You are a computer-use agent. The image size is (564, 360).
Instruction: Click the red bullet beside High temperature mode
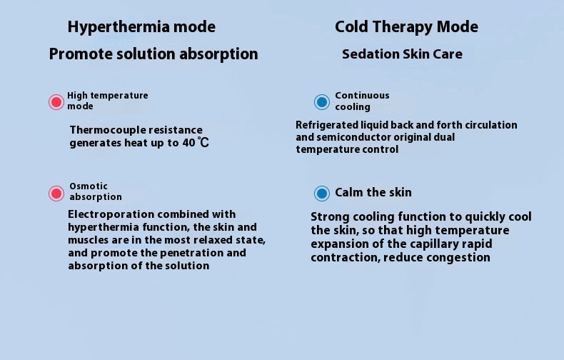tap(56, 102)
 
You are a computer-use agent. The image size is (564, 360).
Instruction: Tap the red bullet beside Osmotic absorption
tap(56, 194)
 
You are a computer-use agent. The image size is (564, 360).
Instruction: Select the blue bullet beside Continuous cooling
tap(321, 102)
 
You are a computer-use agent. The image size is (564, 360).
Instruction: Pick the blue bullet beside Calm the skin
tap(321, 194)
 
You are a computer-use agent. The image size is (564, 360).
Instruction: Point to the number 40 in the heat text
tap(189, 143)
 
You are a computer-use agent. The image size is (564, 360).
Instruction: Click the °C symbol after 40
tap(203, 143)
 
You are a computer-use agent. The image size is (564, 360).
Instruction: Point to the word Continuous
tap(362, 96)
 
